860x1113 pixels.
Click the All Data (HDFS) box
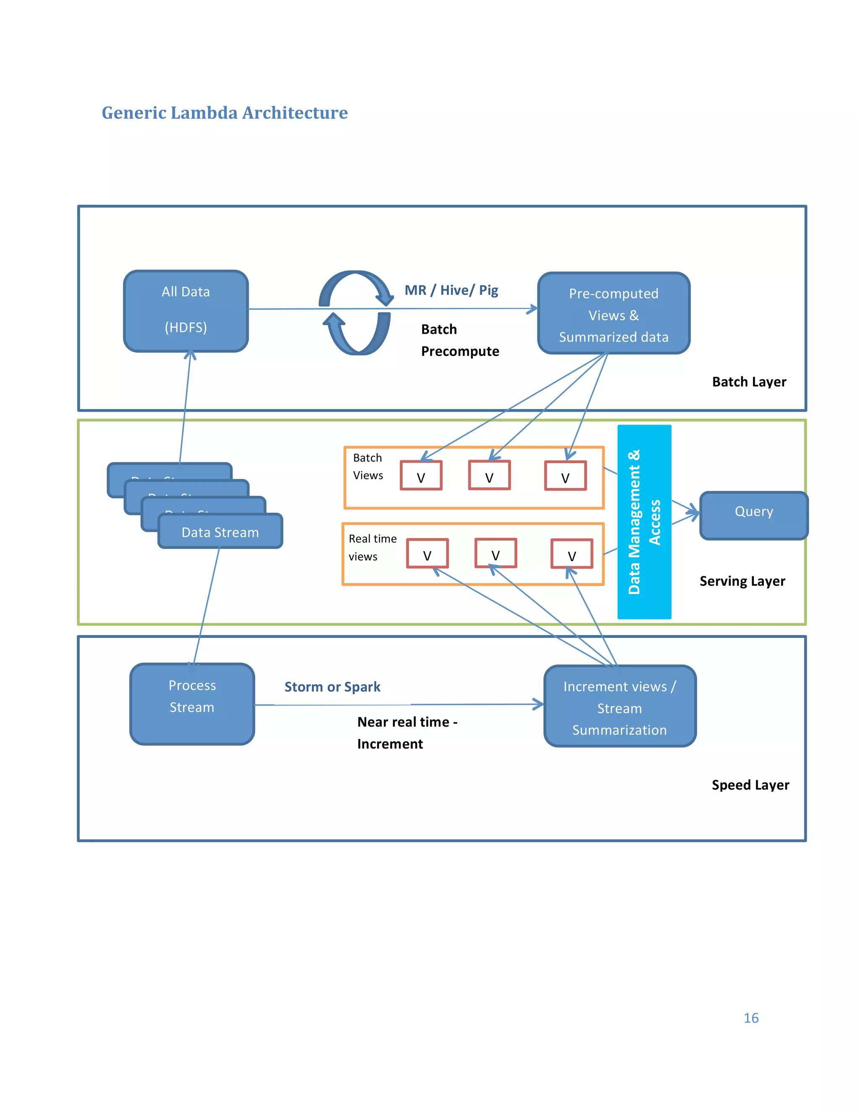pos(186,311)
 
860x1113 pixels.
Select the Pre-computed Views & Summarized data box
pos(614,313)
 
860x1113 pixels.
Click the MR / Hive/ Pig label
pos(451,290)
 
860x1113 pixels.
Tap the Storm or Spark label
pos(332,686)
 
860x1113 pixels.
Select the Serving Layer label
pos(742,581)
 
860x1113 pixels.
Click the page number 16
pos(751,1018)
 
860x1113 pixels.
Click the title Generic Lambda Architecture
pos(225,113)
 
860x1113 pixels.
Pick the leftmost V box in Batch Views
pos(421,475)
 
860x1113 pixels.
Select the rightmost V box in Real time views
pos(572,554)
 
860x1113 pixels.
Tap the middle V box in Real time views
pos(495,553)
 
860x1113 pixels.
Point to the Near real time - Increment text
pos(407,733)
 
